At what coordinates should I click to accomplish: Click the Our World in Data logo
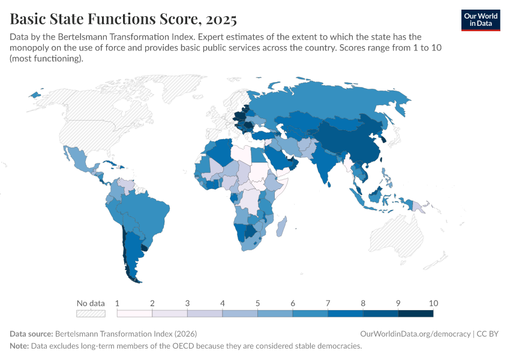point(481,20)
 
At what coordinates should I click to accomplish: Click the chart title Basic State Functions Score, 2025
point(123,19)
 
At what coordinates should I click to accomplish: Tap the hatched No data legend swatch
point(91,313)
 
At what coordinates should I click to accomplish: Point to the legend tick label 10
point(433,302)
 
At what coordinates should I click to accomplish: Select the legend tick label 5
point(257,302)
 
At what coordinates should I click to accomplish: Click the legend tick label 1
point(117,302)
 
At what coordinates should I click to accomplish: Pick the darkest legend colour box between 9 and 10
point(416,313)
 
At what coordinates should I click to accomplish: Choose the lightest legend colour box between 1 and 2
point(134,313)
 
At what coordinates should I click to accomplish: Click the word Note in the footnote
point(20,346)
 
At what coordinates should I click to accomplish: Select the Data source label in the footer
point(31,334)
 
